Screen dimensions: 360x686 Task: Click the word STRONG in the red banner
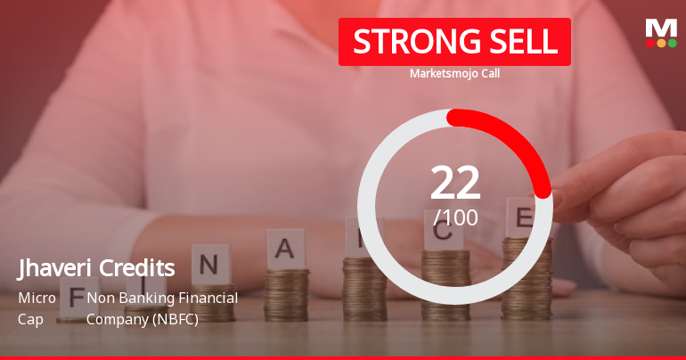[x=404, y=42]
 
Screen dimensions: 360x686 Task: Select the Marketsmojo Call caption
[x=454, y=74]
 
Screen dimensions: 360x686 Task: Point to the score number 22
[x=455, y=183]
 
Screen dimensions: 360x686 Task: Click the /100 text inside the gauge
[x=455, y=217]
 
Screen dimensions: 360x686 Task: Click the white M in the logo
[x=660, y=28]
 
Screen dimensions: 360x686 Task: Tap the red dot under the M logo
[x=650, y=43]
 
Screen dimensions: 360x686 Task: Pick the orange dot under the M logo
[x=661, y=43]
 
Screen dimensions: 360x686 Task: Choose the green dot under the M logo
[x=672, y=43]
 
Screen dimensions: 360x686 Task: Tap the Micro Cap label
[x=37, y=307]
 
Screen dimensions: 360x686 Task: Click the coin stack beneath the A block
[x=286, y=294]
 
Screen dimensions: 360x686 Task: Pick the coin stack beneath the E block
[x=526, y=276]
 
